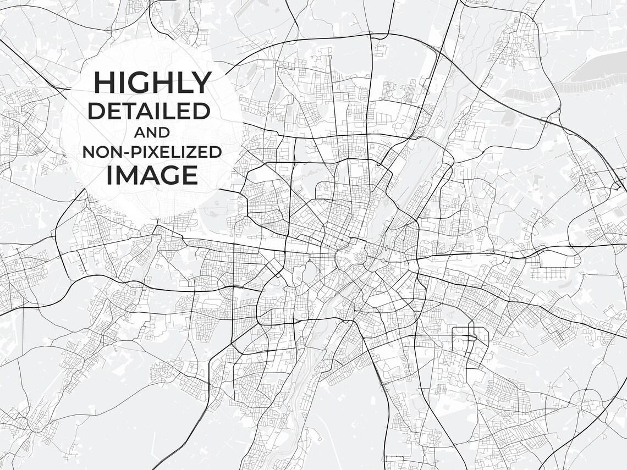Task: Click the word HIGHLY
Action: coord(152,83)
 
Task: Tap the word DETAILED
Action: coord(150,112)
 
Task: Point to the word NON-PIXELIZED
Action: coord(152,152)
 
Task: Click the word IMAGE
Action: coord(152,175)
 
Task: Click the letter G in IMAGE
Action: coord(170,175)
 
